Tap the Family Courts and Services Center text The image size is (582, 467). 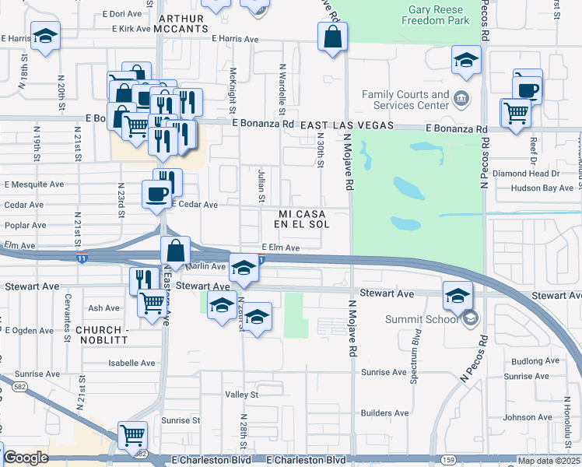405,100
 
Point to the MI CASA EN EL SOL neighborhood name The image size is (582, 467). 302,218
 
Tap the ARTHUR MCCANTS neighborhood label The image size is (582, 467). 184,23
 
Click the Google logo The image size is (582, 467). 26,458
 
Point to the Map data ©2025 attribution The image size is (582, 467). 549,461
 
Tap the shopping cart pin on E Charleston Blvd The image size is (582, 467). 132,436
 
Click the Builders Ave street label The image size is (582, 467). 384,413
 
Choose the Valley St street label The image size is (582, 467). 241,395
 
